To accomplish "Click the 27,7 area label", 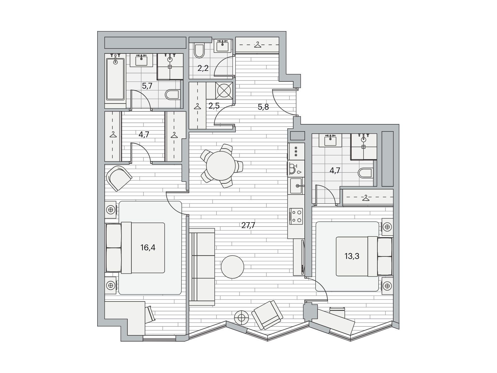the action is tap(248, 225).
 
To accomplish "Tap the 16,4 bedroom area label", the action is tap(148, 247).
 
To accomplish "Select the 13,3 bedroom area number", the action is tap(352, 256).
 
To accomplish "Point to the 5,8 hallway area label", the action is tap(263, 107).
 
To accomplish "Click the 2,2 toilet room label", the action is tap(203, 68).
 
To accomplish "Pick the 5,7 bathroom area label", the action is tap(147, 86).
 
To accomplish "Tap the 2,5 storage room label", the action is tap(214, 106).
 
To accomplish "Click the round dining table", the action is tap(221, 166).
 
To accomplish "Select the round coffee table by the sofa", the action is tap(233, 267).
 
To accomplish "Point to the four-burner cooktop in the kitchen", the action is tap(296, 216).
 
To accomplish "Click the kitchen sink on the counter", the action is tap(296, 186).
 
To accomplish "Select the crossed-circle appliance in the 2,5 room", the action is tap(224, 90).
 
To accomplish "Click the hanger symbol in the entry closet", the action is tap(258, 45).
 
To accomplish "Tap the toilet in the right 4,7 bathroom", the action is tap(365, 173).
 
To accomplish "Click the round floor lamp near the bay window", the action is tap(242, 317).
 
